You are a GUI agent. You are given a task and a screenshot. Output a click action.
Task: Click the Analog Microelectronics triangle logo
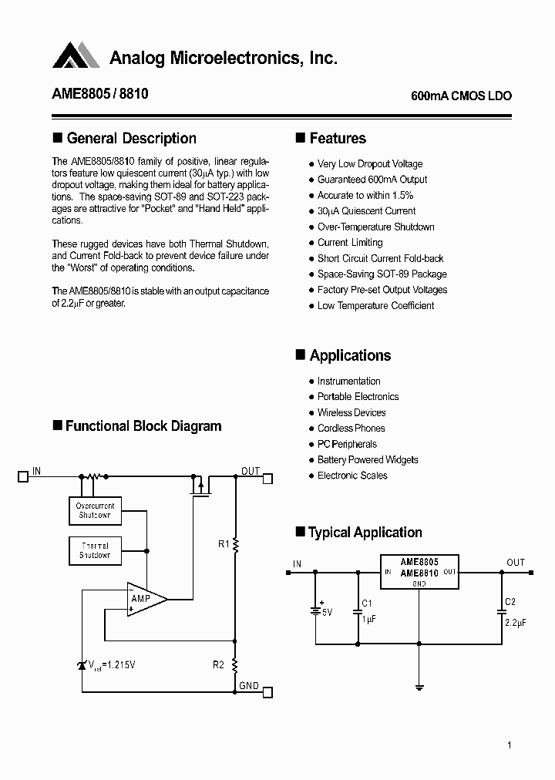pos(76,55)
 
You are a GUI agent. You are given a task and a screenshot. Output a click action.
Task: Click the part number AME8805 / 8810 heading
pos(100,94)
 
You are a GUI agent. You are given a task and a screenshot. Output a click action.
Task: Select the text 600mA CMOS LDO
pos(461,96)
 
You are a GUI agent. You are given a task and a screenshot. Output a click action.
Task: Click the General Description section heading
pos(131,139)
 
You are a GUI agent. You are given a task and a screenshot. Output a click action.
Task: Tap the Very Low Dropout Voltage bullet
pos(369,164)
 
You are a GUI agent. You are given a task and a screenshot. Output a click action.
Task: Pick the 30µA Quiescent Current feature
pos(366,211)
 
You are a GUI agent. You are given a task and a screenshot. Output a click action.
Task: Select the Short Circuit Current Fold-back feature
pos(380,259)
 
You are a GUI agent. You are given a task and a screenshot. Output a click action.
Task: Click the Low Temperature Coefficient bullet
pos(375,306)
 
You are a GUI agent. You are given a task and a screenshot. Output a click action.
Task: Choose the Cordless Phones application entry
pos(351,429)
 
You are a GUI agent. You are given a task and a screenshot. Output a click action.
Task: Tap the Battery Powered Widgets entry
pos(368,460)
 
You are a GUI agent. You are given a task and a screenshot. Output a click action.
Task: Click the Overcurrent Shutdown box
pos(95,511)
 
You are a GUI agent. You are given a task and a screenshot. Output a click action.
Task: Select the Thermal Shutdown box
pos(95,550)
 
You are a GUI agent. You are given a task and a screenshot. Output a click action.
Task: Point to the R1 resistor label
pos(224,544)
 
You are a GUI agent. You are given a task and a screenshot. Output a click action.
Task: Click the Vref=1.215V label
pos(116,664)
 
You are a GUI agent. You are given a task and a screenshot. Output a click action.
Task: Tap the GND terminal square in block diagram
pos(267,691)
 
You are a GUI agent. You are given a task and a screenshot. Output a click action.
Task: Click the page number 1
pos(510,745)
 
